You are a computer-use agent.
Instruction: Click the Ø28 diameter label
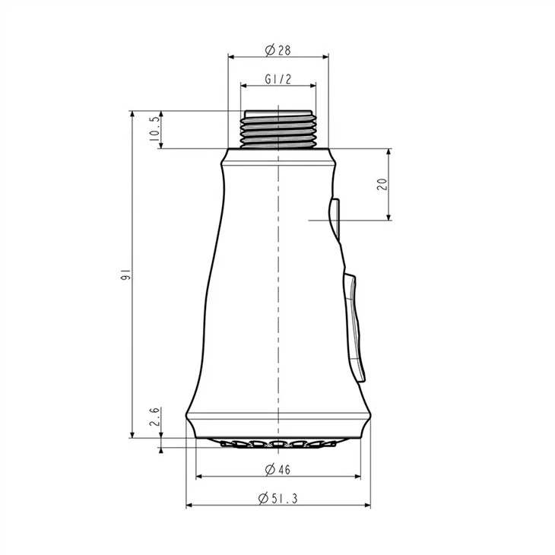click(x=277, y=50)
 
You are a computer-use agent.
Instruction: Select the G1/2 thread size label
click(x=277, y=79)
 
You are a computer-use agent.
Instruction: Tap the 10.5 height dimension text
click(x=154, y=128)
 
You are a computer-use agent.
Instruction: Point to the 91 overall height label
click(x=125, y=274)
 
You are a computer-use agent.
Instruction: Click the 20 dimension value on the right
click(x=382, y=184)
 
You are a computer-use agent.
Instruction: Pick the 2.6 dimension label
click(x=154, y=417)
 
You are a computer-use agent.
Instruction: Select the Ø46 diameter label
click(x=277, y=470)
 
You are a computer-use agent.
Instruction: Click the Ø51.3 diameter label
click(x=277, y=499)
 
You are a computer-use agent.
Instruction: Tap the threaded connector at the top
click(x=278, y=128)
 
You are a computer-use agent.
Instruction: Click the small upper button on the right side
click(x=335, y=218)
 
